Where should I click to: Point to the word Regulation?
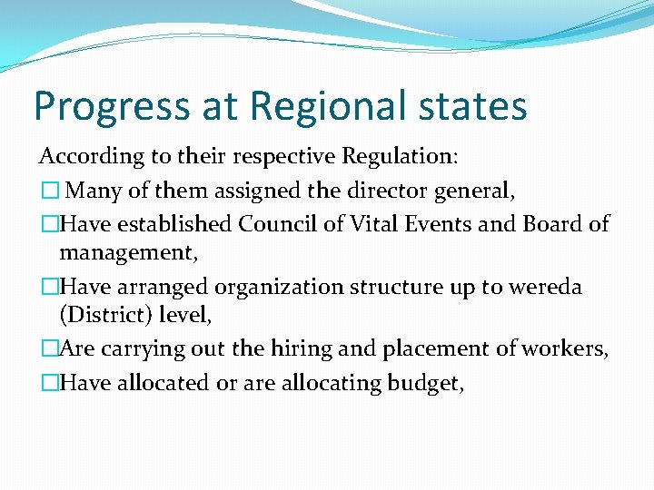[x=400, y=156]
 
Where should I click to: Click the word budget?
[x=425, y=384]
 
